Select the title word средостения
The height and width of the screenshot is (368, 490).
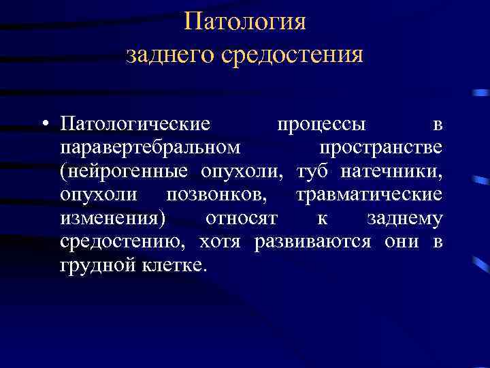[x=293, y=55]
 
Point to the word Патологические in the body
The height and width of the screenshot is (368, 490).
[x=134, y=125]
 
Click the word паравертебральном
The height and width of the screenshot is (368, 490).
[x=149, y=148]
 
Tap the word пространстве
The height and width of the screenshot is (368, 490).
[x=381, y=148]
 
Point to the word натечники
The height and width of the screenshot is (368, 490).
[x=394, y=171]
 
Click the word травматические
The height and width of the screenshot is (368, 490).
[x=369, y=195]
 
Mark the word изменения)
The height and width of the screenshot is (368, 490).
[x=116, y=218]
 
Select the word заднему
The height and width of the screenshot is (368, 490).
[x=404, y=218]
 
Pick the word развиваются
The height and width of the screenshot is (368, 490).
[x=312, y=242]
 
